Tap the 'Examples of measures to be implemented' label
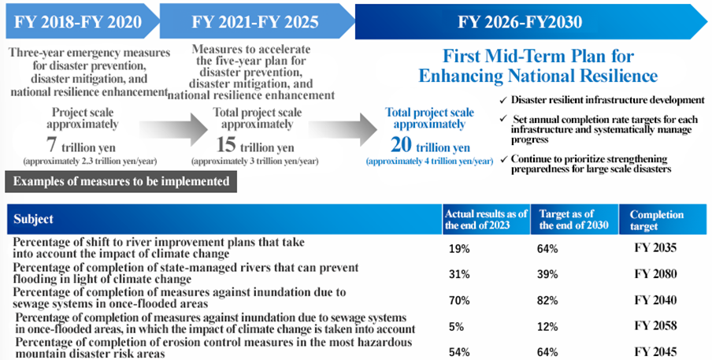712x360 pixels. tap(122, 181)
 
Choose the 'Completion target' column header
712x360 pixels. tap(658, 220)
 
